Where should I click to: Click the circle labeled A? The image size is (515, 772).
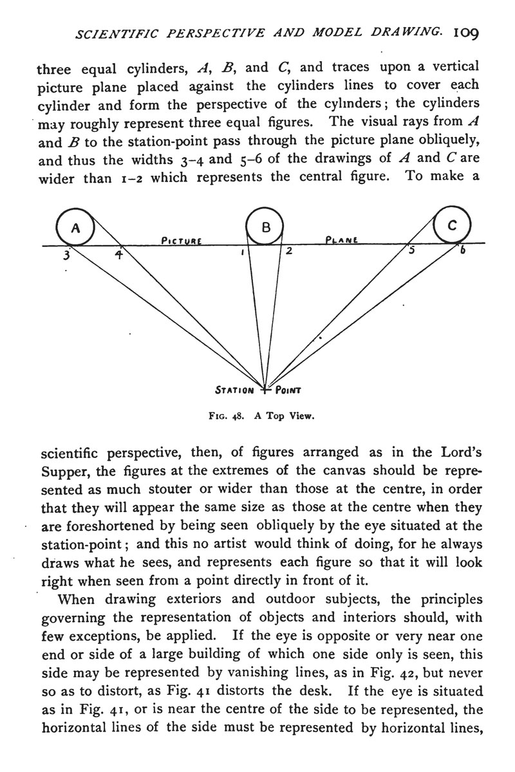(x=75, y=226)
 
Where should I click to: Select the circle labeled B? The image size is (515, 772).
(x=265, y=226)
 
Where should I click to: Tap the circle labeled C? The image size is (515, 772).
(x=453, y=225)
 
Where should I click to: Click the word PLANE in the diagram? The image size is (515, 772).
(x=342, y=240)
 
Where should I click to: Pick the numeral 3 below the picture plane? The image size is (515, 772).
(x=66, y=255)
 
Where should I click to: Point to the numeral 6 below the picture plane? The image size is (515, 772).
(x=462, y=252)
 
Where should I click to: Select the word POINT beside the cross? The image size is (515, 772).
(x=288, y=390)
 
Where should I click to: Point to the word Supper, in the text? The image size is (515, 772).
(x=66, y=471)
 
